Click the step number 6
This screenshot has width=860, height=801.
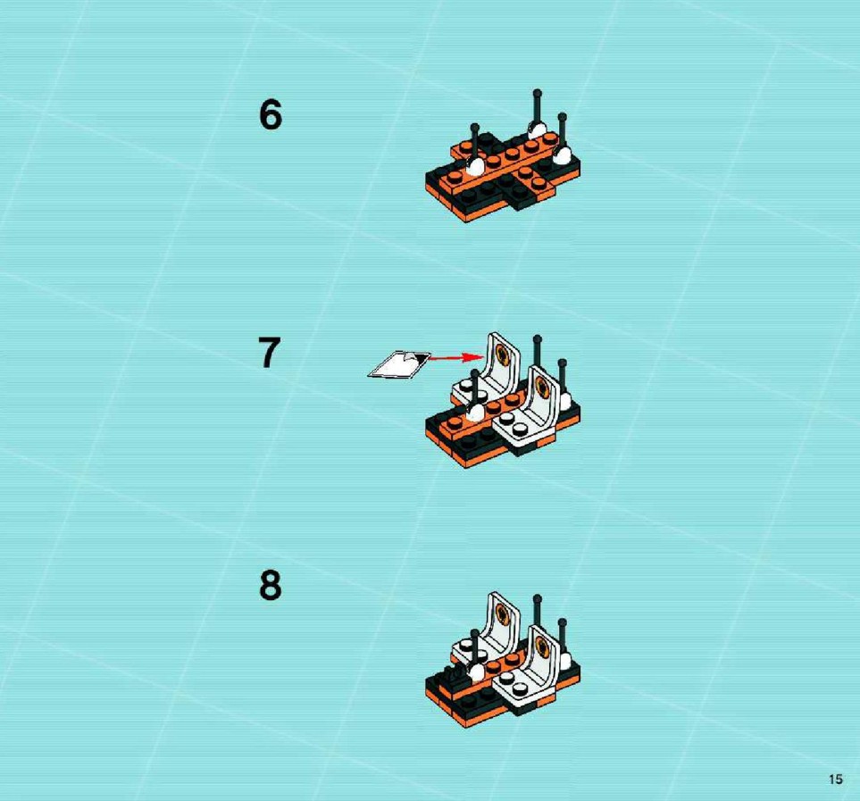point(271,115)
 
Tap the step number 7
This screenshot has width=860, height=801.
point(270,353)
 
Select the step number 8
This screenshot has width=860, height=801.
point(271,586)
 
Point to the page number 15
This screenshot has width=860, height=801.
point(835,779)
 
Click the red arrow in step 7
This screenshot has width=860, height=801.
point(455,357)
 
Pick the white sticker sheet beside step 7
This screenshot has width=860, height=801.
point(399,364)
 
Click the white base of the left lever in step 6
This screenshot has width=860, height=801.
point(475,166)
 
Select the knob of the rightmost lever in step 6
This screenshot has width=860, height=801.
point(562,117)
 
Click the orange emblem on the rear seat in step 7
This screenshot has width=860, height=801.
point(501,355)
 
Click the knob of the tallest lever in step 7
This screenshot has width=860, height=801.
point(537,339)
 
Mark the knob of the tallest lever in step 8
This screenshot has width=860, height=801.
point(537,598)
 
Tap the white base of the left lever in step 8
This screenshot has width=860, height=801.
point(475,672)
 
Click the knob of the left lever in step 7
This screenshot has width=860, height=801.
point(475,373)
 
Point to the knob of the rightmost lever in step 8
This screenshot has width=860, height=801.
point(562,622)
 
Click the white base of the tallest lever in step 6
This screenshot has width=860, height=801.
point(537,130)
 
